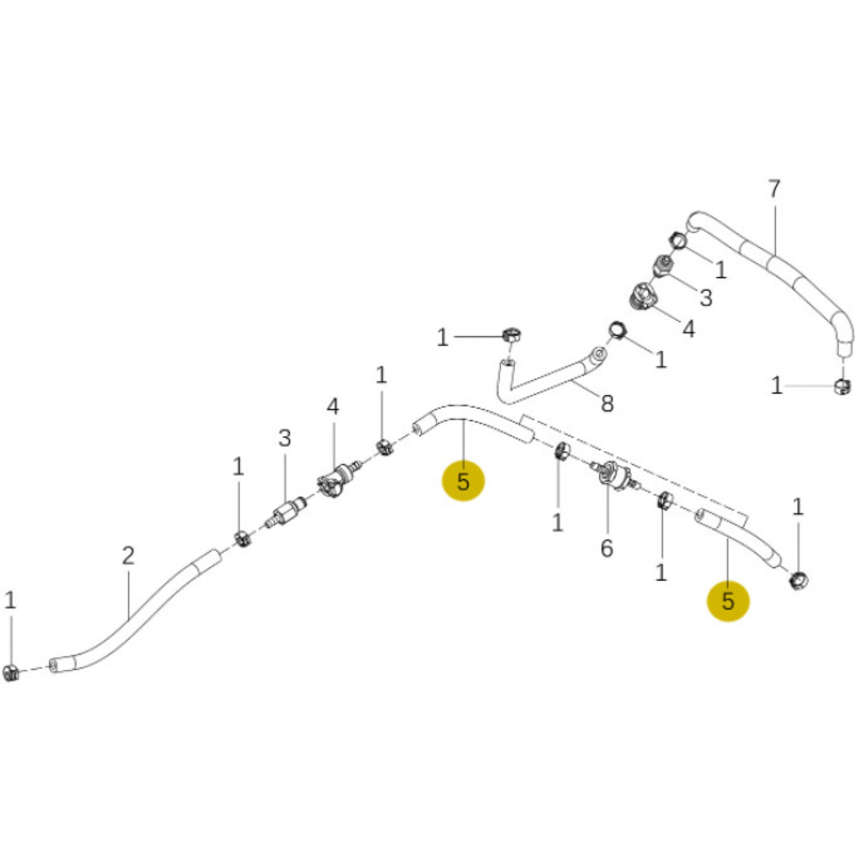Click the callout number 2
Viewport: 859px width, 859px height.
(x=128, y=556)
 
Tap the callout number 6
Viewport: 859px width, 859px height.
(x=607, y=548)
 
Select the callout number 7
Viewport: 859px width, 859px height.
(x=774, y=189)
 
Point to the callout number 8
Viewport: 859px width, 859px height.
(x=607, y=404)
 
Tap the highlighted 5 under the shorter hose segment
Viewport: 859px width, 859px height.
(x=728, y=601)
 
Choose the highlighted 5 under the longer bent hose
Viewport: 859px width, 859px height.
(x=463, y=481)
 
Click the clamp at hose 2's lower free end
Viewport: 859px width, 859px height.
(x=10, y=672)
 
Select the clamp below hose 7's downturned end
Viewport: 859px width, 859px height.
(x=843, y=386)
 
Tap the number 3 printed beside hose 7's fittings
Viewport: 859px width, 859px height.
(x=706, y=298)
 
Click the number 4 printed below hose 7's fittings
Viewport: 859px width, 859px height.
(x=688, y=329)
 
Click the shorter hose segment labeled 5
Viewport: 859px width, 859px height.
(x=738, y=539)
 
